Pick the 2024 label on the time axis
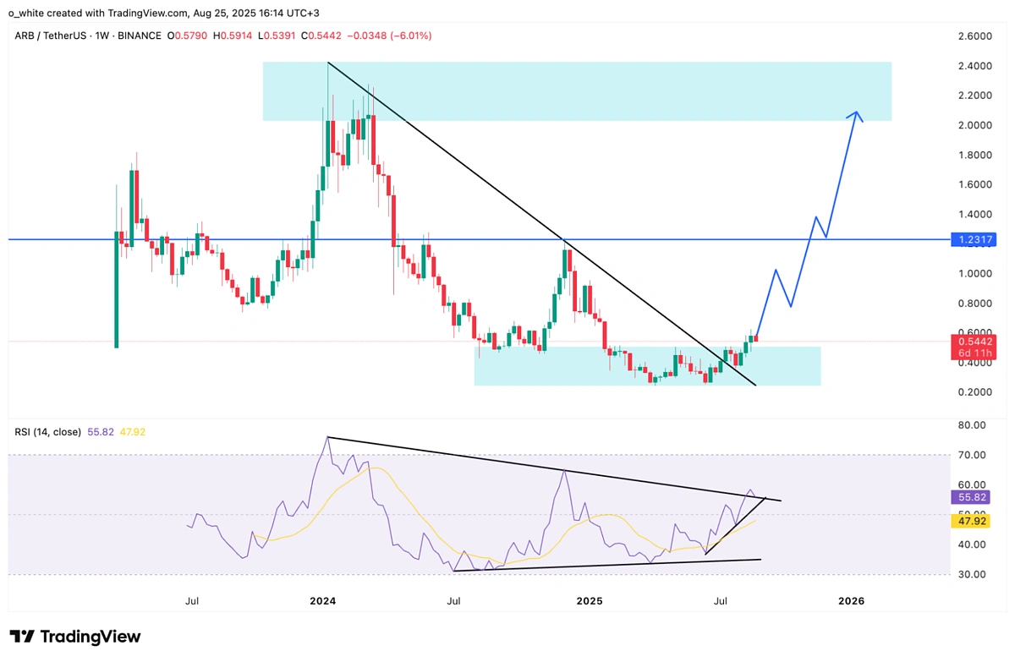tap(322, 601)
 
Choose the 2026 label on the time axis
tap(851, 601)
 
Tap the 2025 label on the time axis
tap(589, 601)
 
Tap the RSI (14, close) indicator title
tap(47, 432)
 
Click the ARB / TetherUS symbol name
tap(54, 36)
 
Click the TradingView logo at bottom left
tap(75, 637)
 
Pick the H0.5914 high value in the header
tap(231, 36)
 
